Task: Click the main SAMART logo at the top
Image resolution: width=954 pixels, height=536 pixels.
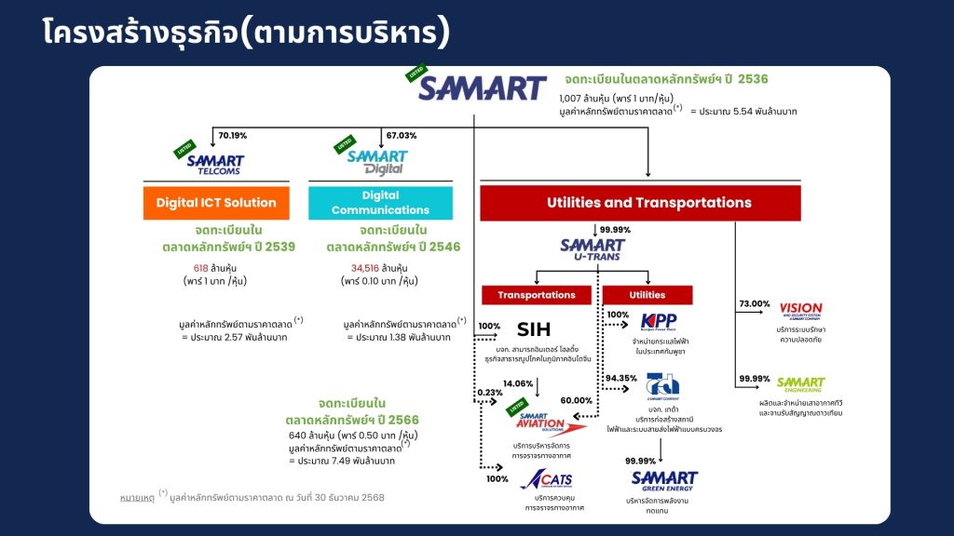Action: [x=482, y=88]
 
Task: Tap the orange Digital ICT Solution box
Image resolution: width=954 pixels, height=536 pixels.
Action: [x=216, y=203]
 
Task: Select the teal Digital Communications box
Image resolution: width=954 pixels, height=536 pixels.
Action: [x=380, y=203]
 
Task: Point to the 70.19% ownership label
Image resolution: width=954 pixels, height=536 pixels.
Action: [x=233, y=136]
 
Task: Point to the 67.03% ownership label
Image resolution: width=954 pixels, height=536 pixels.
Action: [x=402, y=136]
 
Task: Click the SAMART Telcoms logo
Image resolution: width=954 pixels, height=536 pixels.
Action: [x=213, y=164]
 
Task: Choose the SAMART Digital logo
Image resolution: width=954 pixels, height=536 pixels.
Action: [x=377, y=163]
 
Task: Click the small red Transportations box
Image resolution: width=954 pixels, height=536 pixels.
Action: [x=537, y=295]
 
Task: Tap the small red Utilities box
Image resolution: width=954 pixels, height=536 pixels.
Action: [x=647, y=295]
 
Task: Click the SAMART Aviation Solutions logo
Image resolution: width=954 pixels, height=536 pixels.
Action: [x=552, y=424]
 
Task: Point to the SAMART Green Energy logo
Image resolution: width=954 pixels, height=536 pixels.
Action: [x=663, y=481]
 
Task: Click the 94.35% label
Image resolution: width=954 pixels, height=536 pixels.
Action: [x=620, y=378]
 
